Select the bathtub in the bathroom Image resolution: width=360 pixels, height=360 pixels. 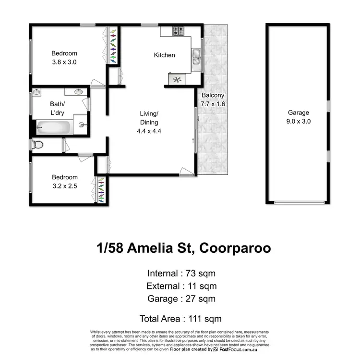click(52, 128)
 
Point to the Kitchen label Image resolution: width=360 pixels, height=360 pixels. click(164, 55)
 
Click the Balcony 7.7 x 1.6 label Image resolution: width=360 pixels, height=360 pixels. click(213, 99)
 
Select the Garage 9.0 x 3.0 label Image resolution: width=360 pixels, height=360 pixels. click(299, 117)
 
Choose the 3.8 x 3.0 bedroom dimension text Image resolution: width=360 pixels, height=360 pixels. click(64, 62)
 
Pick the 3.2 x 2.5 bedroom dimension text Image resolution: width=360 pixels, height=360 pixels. click(65, 185)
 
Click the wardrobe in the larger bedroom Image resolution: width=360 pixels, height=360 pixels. click(113, 47)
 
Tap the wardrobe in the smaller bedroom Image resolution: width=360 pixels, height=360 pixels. click(101, 190)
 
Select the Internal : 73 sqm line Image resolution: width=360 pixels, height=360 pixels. click(181, 273)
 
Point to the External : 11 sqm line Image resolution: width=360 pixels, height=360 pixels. click(181, 286)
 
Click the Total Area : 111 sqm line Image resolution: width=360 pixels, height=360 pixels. click(180, 318)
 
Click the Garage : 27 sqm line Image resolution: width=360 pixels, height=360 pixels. click(181, 298)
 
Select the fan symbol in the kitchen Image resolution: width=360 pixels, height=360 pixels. click(176, 80)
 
